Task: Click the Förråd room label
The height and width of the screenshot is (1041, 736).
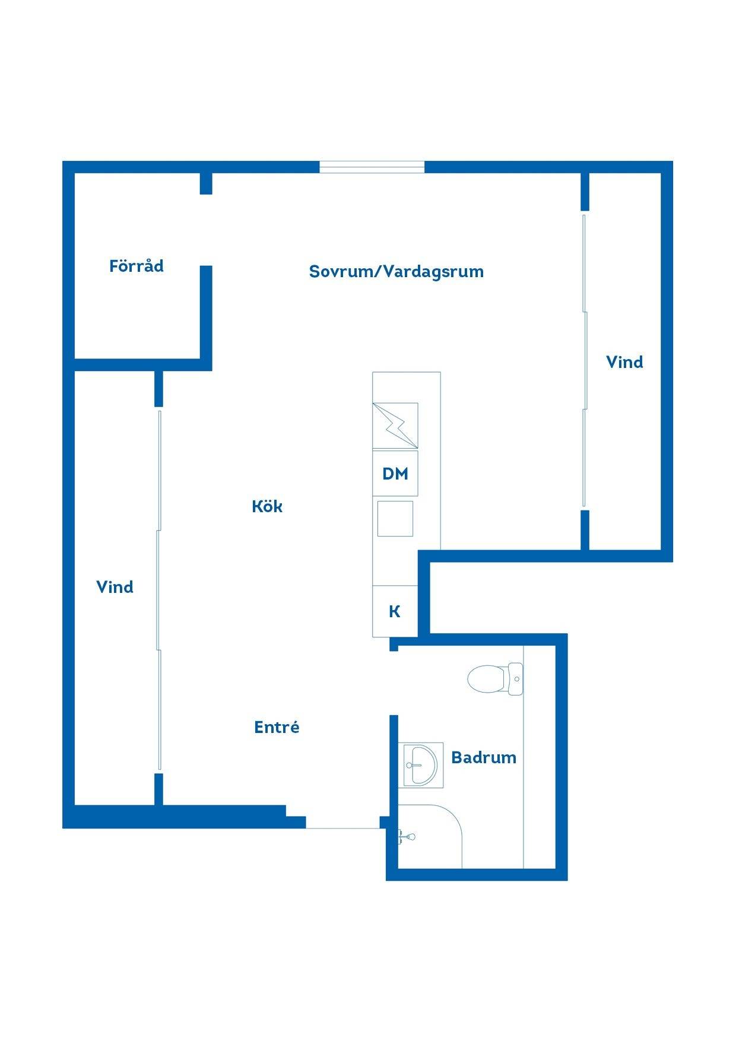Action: [x=137, y=265]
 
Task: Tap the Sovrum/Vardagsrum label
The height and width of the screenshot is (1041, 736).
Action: [x=396, y=271]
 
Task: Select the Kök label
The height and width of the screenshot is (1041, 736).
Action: [x=267, y=506]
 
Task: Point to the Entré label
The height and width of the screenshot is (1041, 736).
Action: [x=277, y=727]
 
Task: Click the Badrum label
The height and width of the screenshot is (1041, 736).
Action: [x=484, y=757]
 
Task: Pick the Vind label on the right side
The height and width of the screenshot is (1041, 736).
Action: [x=624, y=362]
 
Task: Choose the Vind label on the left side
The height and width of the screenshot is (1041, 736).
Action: [x=115, y=587]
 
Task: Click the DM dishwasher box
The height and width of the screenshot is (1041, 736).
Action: [x=395, y=474]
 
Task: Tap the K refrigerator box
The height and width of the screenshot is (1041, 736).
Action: [x=395, y=611]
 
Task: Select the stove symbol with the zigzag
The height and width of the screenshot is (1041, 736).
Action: [x=395, y=426]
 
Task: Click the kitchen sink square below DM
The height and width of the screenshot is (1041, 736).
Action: [x=395, y=519]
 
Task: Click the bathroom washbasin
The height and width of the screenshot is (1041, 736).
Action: [x=422, y=765]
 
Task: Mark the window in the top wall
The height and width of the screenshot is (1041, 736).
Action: [x=372, y=167]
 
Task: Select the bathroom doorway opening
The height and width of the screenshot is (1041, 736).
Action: [x=394, y=683]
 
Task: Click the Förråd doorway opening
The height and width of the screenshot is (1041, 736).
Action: [x=206, y=230]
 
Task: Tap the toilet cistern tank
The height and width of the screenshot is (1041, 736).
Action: [x=515, y=678]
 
